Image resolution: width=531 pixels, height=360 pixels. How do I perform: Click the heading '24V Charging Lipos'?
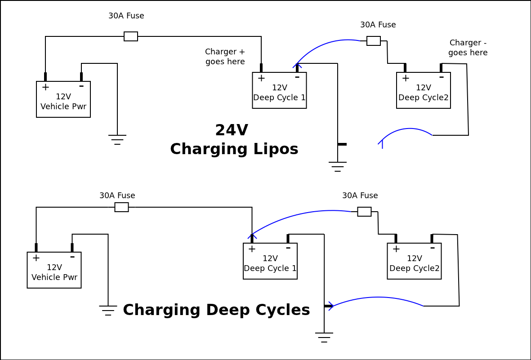click(x=234, y=140)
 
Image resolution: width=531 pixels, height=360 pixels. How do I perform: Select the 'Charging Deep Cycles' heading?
click(x=216, y=310)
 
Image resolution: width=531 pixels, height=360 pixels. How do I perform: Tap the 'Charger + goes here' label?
click(x=225, y=57)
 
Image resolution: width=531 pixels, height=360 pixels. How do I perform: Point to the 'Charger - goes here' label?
click(x=468, y=48)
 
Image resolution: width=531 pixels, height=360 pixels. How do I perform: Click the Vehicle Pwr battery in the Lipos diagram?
click(x=63, y=99)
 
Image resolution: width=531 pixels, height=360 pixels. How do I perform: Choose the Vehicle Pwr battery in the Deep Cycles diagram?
click(x=54, y=270)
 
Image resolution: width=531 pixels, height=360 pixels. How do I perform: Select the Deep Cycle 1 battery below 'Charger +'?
click(x=279, y=90)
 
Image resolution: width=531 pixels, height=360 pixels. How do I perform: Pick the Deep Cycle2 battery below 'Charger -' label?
click(x=423, y=90)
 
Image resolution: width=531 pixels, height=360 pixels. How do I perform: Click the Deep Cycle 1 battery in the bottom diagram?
click(x=270, y=261)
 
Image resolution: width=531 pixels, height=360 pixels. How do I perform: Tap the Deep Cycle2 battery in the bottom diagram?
click(x=414, y=261)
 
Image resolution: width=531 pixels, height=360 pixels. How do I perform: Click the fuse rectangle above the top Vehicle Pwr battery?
click(x=131, y=36)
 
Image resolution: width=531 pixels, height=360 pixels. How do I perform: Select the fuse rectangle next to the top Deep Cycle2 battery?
click(x=374, y=41)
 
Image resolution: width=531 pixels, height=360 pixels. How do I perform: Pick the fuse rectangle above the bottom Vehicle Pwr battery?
click(x=121, y=207)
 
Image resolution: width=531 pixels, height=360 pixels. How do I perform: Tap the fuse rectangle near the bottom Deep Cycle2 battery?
click(x=364, y=212)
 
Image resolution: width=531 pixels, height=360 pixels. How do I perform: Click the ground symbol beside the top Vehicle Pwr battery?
click(x=117, y=140)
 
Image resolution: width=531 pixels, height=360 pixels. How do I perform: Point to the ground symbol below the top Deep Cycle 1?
click(x=338, y=167)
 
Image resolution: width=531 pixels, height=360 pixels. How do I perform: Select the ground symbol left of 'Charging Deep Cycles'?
click(x=108, y=310)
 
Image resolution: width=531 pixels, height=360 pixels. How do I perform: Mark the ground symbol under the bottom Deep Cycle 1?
click(x=324, y=338)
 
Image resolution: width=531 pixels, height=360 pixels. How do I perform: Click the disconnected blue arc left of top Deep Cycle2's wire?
click(x=405, y=133)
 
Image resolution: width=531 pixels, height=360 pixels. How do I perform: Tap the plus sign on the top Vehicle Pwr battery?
click(x=45, y=87)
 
